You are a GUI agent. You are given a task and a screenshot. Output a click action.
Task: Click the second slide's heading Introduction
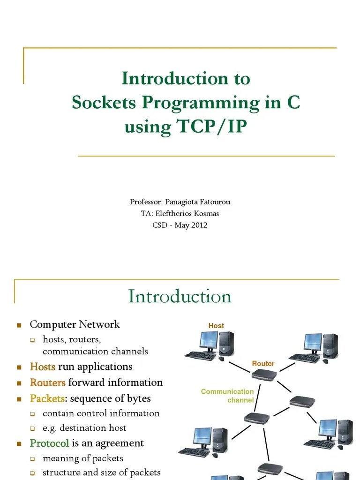(180, 296)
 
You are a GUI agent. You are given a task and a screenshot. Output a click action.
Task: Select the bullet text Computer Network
(75, 324)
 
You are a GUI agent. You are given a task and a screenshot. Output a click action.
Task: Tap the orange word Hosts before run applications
(43, 367)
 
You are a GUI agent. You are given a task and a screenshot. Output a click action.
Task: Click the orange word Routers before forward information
(47, 382)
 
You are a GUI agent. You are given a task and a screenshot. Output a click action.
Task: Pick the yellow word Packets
(47, 398)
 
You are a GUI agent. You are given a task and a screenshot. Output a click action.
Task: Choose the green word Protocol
(49, 443)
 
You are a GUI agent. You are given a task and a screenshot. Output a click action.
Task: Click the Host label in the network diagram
(216, 325)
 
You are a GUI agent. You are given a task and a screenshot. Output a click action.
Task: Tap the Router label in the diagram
(263, 363)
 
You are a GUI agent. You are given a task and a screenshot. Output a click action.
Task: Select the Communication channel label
(227, 396)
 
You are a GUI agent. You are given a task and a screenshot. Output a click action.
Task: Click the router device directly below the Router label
(264, 374)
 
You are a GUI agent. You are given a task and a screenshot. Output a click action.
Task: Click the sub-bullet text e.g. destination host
(84, 427)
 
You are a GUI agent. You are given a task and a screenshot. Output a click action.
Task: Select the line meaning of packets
(83, 458)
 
